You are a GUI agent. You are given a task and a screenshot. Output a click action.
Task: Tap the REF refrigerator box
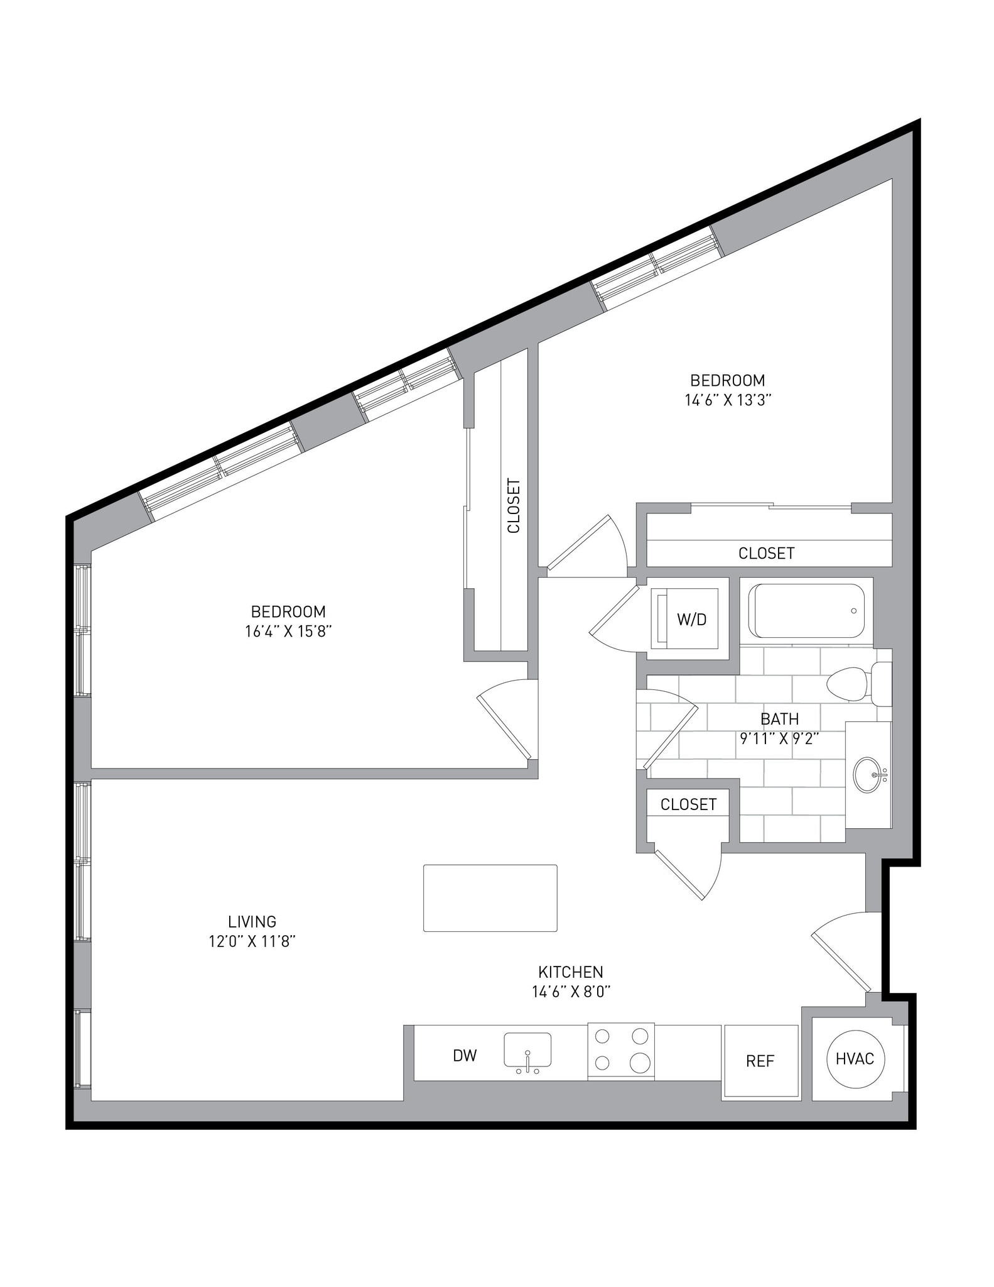(x=760, y=1061)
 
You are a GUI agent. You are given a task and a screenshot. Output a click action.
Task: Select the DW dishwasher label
(x=465, y=1056)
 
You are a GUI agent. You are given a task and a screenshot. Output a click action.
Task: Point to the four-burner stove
(x=621, y=1053)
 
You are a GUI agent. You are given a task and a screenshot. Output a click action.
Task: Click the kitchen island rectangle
(x=490, y=898)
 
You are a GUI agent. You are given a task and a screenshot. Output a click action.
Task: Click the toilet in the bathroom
(x=854, y=684)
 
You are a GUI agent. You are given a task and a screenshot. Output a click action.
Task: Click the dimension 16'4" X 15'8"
(x=288, y=632)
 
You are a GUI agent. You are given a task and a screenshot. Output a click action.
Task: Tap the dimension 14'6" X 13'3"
(x=727, y=400)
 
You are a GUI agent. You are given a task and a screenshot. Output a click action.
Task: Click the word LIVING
(x=252, y=921)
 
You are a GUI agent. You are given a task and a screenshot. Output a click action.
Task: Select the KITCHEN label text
(x=570, y=972)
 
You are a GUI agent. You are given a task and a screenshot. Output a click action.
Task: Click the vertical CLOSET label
(x=514, y=507)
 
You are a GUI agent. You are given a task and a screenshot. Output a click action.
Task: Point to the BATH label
(x=779, y=718)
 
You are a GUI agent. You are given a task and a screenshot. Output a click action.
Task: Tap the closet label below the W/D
(x=688, y=804)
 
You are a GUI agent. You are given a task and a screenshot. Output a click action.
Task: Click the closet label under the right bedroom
(x=766, y=553)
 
